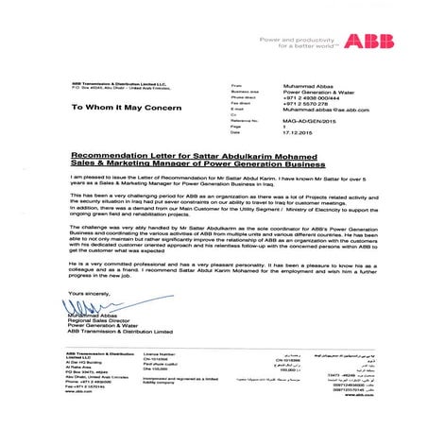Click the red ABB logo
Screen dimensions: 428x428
(x=364, y=41)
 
